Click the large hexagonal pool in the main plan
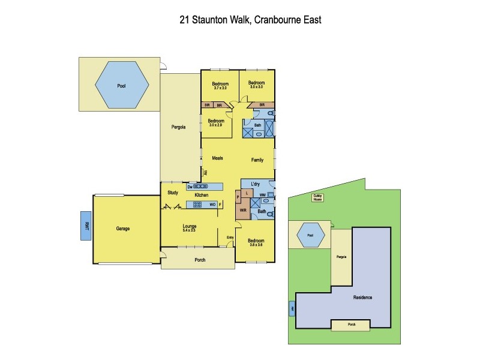point(122,85)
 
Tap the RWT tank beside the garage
point(86,226)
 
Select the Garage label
point(123,229)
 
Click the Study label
point(173,193)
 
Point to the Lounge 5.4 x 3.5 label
point(190,227)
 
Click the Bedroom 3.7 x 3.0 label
point(221,85)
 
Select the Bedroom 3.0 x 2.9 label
point(215,122)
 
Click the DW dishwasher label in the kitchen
point(190,187)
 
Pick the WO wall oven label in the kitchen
point(212,205)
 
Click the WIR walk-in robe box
point(243,211)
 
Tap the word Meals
point(218,158)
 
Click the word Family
point(257,160)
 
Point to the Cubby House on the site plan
point(317,197)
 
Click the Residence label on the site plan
point(362,298)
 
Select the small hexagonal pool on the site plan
point(310,235)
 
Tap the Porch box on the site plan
point(351,325)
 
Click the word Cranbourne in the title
point(279,19)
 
